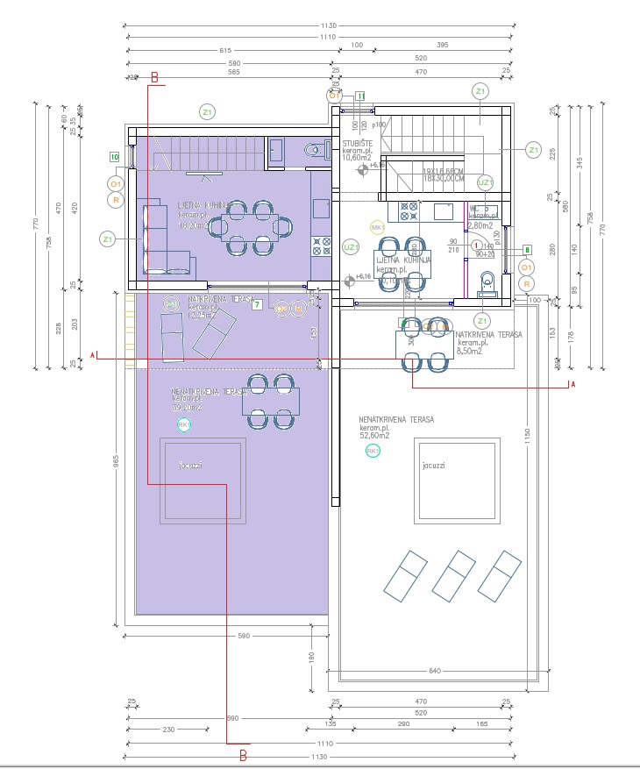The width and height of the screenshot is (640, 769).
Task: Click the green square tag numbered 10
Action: [115, 157]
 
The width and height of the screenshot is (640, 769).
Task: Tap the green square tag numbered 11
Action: [359, 96]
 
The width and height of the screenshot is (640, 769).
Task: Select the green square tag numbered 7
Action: [257, 305]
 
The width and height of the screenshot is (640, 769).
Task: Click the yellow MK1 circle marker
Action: [379, 228]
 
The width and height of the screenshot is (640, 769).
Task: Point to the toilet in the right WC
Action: [487, 281]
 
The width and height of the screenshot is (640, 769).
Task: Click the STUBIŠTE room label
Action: [358, 143]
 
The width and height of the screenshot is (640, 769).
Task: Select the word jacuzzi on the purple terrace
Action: [190, 466]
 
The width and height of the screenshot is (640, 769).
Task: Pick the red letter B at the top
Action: [155, 78]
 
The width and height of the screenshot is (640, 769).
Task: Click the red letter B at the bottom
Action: [244, 752]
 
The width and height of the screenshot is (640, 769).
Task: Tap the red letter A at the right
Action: [572, 385]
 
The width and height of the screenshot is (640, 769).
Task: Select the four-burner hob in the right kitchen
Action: [409, 210]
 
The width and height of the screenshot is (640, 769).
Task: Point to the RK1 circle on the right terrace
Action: [373, 451]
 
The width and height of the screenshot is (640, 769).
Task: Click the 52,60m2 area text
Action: [375, 436]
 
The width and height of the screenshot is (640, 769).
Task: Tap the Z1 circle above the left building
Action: [208, 111]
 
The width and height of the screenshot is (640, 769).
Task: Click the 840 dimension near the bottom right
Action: [434, 672]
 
